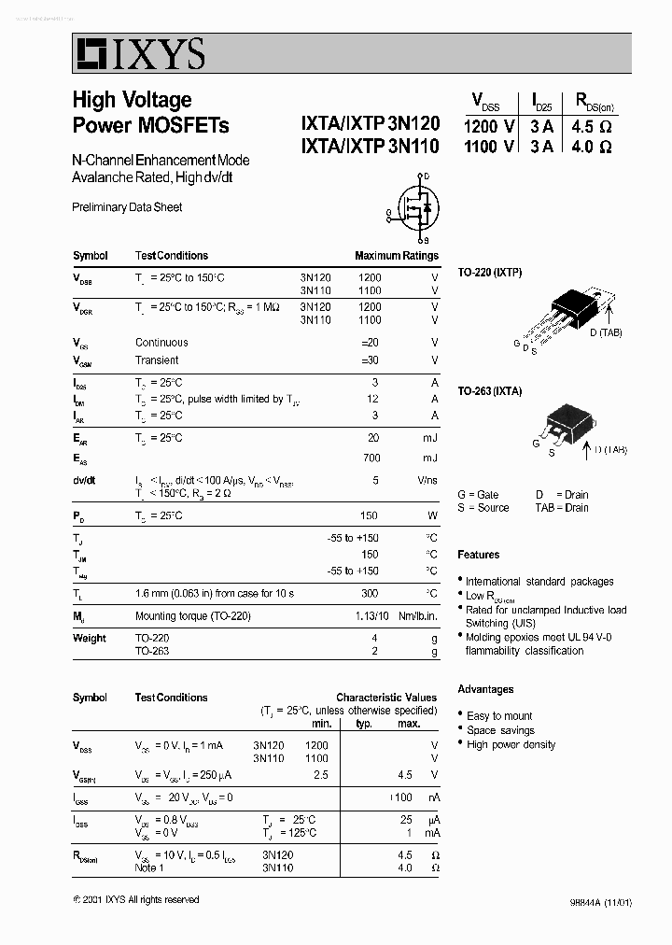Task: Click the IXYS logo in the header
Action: click(140, 54)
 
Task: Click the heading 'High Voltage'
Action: click(132, 100)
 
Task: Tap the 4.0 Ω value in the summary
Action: click(593, 147)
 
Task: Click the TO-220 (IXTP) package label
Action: click(490, 272)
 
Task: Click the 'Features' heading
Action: click(478, 555)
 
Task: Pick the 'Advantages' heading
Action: click(485, 689)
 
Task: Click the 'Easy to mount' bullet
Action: click(499, 716)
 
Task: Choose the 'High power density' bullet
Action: click(511, 744)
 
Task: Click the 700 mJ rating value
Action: click(372, 458)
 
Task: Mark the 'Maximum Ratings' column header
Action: click(396, 256)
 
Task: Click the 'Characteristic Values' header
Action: click(385, 697)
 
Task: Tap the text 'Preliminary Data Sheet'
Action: click(127, 207)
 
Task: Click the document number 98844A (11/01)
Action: click(600, 903)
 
